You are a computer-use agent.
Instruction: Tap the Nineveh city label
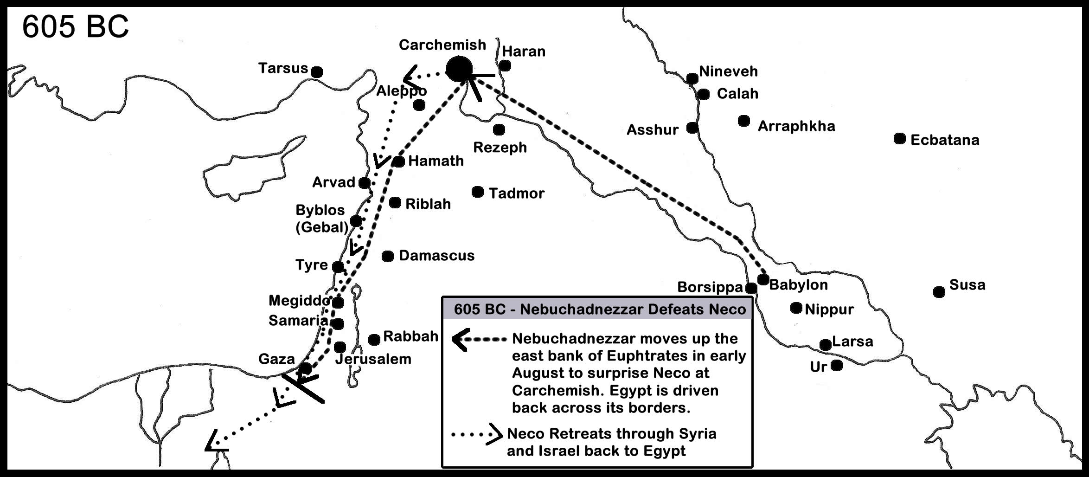pyautogui.click(x=728, y=71)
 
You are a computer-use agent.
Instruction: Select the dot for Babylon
pyautogui.click(x=763, y=280)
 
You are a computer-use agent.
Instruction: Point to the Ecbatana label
pyautogui.click(x=945, y=140)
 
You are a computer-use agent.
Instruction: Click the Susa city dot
pyautogui.click(x=939, y=292)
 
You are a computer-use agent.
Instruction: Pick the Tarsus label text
pyautogui.click(x=283, y=69)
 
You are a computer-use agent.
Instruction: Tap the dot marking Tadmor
pyautogui.click(x=477, y=192)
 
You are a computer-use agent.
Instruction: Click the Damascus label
pyautogui.click(x=436, y=256)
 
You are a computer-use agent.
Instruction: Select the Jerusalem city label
pyautogui.click(x=373, y=359)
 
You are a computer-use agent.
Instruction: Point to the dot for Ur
pyautogui.click(x=837, y=366)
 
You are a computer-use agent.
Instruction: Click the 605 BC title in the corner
pyautogui.click(x=76, y=26)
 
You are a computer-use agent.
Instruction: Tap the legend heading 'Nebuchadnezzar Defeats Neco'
pyautogui.click(x=600, y=309)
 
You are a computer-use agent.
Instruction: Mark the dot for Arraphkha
pyautogui.click(x=744, y=121)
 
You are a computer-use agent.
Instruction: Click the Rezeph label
pyautogui.click(x=500, y=148)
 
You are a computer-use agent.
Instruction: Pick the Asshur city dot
pyautogui.click(x=692, y=128)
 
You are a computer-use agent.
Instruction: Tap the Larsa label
pyautogui.click(x=852, y=342)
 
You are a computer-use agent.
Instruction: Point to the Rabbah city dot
pyautogui.click(x=374, y=340)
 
